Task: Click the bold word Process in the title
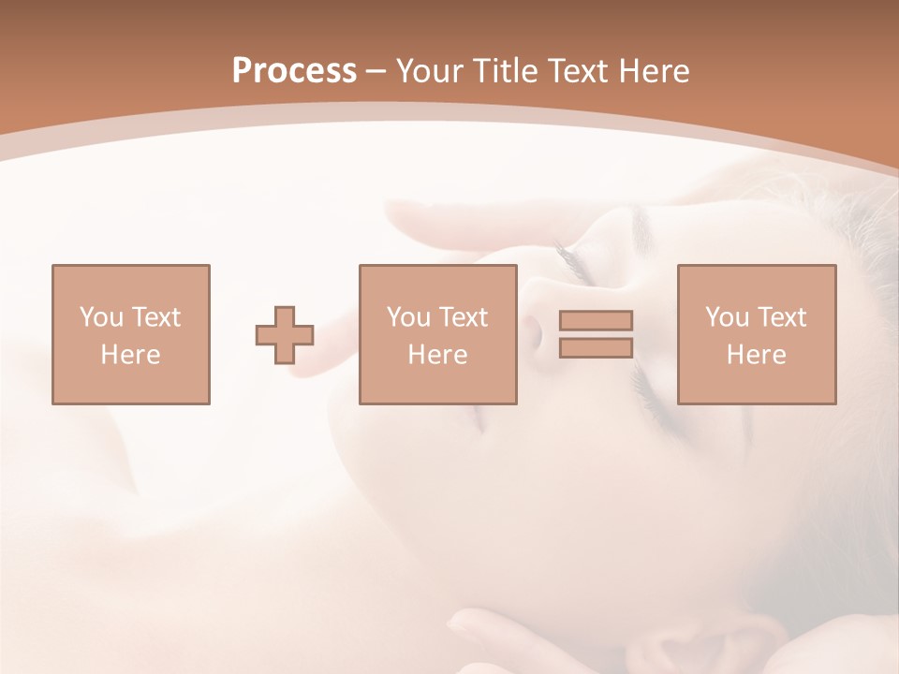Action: (294, 71)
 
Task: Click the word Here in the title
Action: (655, 71)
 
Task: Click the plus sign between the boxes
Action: (285, 335)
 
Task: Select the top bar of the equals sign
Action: (596, 321)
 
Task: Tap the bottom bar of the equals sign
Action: (596, 347)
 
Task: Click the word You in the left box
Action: (100, 317)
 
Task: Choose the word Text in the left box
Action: (155, 317)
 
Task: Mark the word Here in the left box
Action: (130, 355)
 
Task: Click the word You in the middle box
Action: (407, 317)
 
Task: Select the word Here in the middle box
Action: (437, 355)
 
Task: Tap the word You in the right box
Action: (726, 317)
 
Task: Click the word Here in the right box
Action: (756, 355)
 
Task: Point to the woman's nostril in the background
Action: (533, 330)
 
